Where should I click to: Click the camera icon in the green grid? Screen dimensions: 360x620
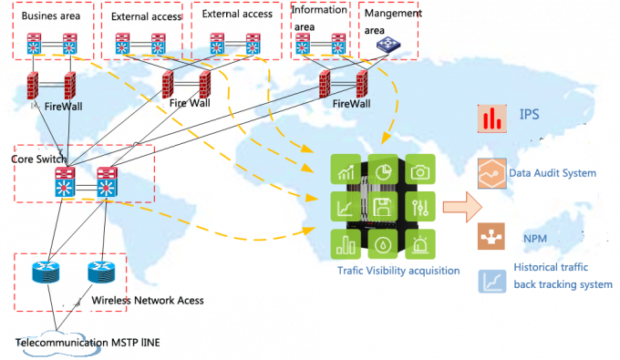pos(420,170)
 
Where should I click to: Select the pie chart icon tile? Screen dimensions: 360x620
pos(384,170)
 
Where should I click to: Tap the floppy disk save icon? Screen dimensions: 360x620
pos(384,207)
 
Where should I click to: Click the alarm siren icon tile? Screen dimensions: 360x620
pos(420,243)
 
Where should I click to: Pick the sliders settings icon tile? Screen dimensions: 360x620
pos(420,207)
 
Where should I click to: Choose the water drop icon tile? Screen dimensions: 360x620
pos(384,243)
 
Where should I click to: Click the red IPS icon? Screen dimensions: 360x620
pos(493,118)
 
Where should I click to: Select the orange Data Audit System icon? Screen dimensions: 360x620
pos(492,173)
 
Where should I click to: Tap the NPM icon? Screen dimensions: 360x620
pos(492,236)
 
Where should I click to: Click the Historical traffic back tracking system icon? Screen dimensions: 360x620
pos(492,281)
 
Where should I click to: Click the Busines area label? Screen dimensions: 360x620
pos(50,16)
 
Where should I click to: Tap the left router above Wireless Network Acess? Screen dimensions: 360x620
pos(45,272)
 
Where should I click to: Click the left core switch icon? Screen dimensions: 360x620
pos(63,185)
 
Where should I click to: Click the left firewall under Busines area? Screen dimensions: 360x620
pos(35,87)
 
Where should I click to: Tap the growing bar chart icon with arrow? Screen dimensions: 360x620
pos(347,170)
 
